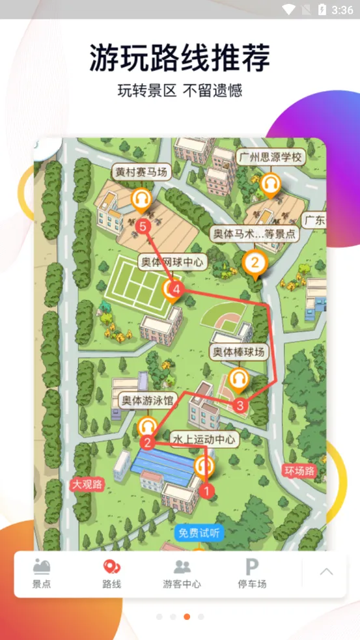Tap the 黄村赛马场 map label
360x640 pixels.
(x=141, y=173)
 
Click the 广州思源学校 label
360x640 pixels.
(x=270, y=158)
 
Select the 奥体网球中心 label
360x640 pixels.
(x=173, y=262)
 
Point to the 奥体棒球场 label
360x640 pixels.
(x=239, y=352)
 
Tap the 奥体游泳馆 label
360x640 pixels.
(x=148, y=401)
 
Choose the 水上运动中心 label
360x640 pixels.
(x=204, y=440)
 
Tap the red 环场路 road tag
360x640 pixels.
(x=299, y=471)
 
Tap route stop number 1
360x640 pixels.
(x=207, y=490)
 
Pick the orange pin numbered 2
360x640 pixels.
(x=255, y=264)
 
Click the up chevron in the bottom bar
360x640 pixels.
(x=327, y=572)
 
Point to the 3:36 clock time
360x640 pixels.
(x=342, y=10)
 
